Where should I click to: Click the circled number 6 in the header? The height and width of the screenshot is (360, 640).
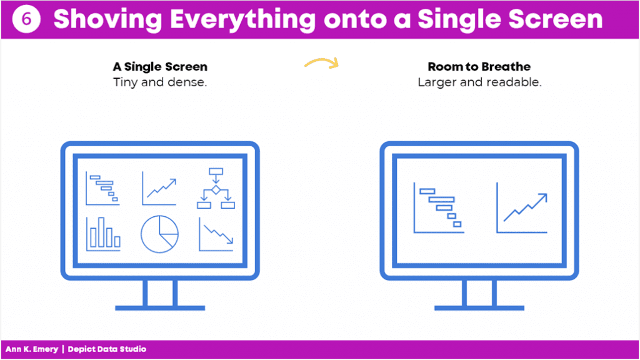[x=26, y=19]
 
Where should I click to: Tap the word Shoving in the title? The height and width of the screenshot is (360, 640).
[x=107, y=19]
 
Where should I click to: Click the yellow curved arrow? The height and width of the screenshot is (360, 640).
[x=322, y=62]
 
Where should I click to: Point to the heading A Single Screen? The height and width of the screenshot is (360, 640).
[x=160, y=66]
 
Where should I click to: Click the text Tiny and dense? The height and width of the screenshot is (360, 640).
[x=160, y=82]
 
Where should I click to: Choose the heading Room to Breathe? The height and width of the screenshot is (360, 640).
[x=479, y=66]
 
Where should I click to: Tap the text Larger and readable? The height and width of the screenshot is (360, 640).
[x=479, y=82]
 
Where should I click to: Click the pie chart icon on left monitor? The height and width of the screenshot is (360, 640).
[x=159, y=234]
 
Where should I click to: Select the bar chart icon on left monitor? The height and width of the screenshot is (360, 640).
[x=103, y=234]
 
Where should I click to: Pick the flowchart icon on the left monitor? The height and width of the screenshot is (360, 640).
[x=216, y=188]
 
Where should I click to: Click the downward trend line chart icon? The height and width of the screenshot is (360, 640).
[x=216, y=234]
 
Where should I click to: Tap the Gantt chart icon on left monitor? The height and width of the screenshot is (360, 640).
[x=102, y=188]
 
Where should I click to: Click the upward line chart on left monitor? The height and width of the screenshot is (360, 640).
[x=159, y=188]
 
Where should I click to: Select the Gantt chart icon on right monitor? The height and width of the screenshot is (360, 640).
[x=439, y=207]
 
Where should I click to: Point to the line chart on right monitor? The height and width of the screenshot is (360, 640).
[x=522, y=207]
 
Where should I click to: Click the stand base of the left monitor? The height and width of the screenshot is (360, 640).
[x=160, y=307]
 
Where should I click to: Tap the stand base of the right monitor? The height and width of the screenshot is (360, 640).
[x=479, y=307]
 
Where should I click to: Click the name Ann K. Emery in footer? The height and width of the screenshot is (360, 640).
[x=32, y=349]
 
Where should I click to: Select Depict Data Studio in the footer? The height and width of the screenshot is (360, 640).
[x=107, y=349]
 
